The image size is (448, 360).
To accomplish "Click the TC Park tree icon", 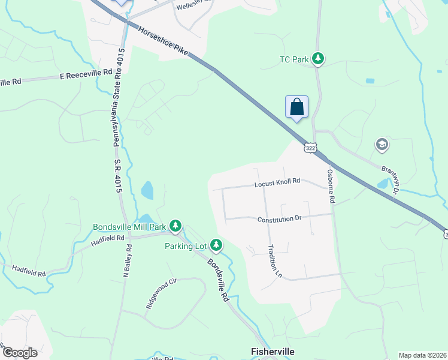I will point(320,58).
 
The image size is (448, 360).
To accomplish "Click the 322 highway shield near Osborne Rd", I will point(310,148).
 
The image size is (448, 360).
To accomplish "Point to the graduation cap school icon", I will point(382,145).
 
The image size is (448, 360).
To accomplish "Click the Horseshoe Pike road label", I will point(163,41).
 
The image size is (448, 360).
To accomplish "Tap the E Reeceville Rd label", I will point(86,72).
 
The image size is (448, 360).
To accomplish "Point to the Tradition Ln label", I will point(275,261).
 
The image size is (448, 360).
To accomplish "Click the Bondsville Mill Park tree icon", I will point(175,226).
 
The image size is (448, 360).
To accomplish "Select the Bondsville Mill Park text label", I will point(129,227).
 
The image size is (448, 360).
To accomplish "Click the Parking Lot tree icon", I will point(216,245).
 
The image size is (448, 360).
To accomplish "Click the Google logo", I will point(20,353).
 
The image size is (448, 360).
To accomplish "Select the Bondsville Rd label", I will point(219,280).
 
